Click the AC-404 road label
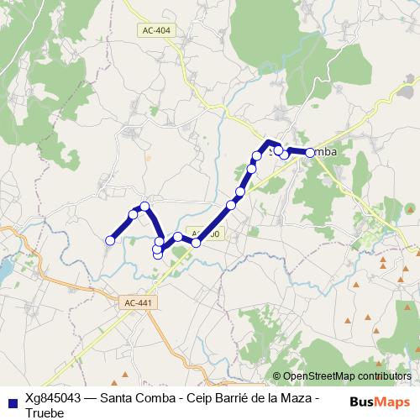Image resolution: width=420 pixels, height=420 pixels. pos(156,29)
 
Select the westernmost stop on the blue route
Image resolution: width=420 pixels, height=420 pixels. pos(109,241)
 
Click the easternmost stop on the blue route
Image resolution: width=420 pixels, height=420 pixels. pos(310,152)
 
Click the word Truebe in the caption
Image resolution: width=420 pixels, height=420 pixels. pos(45,413)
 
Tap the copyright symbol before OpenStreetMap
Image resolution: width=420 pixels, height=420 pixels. pos(277,376)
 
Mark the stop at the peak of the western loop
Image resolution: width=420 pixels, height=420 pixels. pos(144,206)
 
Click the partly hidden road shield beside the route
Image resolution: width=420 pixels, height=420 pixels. pos(207,234)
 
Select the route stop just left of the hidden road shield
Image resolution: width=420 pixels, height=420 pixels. pos(196,242)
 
